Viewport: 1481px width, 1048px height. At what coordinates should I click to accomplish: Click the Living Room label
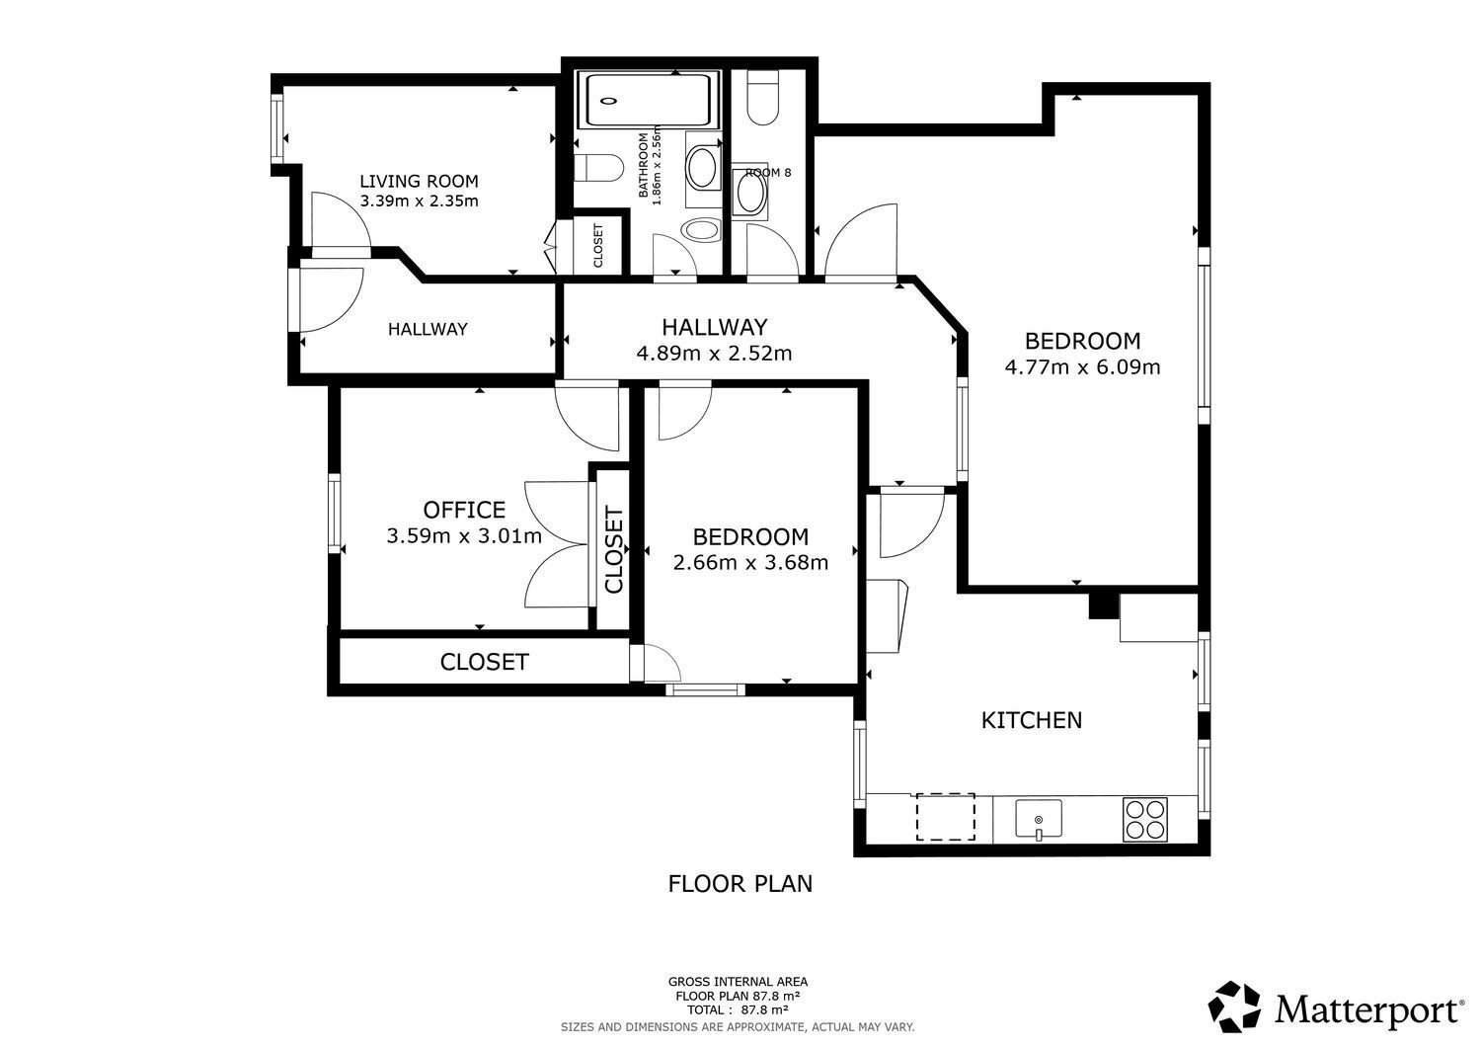click(x=419, y=181)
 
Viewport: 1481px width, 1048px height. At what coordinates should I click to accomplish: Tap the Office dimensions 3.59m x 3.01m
click(x=464, y=535)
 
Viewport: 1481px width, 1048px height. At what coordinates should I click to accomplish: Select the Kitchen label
click(x=1032, y=720)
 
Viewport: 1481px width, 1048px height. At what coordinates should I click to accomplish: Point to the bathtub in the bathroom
click(x=648, y=100)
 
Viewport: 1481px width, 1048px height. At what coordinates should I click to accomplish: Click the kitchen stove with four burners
click(x=1145, y=820)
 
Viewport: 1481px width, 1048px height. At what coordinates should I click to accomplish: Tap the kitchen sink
click(x=1039, y=819)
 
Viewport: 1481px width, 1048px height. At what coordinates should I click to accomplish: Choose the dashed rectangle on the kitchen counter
click(x=946, y=817)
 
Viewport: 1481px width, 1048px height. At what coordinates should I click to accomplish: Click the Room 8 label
click(x=768, y=173)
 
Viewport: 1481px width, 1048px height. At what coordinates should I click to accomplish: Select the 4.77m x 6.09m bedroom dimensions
click(x=1082, y=366)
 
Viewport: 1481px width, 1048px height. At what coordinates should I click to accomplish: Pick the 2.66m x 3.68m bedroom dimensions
click(x=750, y=562)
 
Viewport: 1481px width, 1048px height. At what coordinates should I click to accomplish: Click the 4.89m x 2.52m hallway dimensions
click(x=714, y=354)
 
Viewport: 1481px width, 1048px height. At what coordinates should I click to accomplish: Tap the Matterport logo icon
click(x=1234, y=1007)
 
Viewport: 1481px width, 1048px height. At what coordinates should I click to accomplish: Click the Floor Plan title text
click(x=740, y=884)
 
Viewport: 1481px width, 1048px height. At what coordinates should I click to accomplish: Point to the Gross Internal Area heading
click(x=738, y=982)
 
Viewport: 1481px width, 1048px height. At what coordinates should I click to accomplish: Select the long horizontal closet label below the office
click(x=484, y=662)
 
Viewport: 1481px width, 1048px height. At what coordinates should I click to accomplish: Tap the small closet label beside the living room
click(x=598, y=246)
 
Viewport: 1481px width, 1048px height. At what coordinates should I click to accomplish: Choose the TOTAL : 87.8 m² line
click(x=738, y=1010)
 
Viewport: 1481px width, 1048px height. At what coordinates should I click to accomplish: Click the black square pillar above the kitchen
click(x=1103, y=605)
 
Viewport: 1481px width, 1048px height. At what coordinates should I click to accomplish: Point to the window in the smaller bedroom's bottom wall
click(x=706, y=690)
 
